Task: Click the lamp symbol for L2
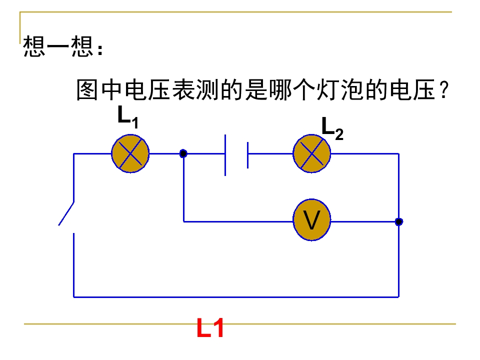312,153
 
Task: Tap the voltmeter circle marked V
312,220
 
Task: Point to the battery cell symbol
236,154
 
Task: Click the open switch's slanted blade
66,213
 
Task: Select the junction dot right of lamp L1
183,153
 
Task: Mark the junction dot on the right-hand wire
398,221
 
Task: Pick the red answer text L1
210,329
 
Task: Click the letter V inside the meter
312,221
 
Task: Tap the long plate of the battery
226,154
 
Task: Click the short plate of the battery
247,154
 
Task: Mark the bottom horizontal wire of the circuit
235,296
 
